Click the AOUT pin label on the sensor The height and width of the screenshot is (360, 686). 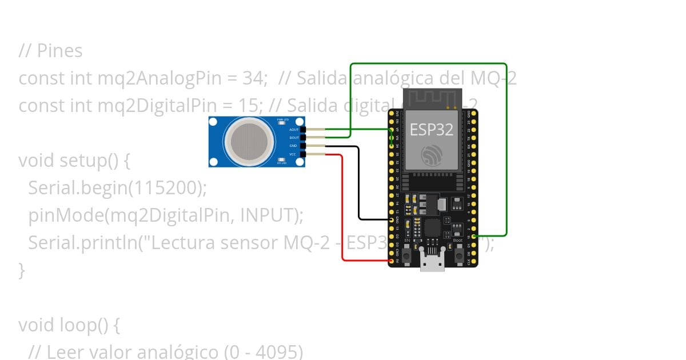click(x=294, y=130)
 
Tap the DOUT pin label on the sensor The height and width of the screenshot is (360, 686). click(x=294, y=138)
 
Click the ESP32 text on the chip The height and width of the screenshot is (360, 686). click(x=431, y=130)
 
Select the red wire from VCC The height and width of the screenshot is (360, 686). click(x=342, y=217)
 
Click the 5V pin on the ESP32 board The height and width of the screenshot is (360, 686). click(x=392, y=261)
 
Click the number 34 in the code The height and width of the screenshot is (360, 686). click(x=255, y=78)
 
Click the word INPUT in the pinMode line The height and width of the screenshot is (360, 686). click(x=268, y=215)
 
